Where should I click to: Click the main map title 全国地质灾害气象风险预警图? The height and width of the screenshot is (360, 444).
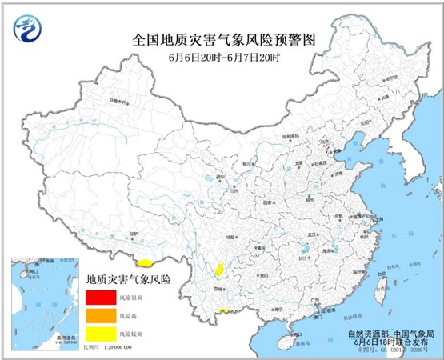pyautogui.click(x=222, y=38)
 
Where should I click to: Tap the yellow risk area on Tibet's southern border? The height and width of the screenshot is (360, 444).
pyautogui.click(x=145, y=262)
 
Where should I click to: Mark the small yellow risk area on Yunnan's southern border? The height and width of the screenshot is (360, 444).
pyautogui.click(x=226, y=311)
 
